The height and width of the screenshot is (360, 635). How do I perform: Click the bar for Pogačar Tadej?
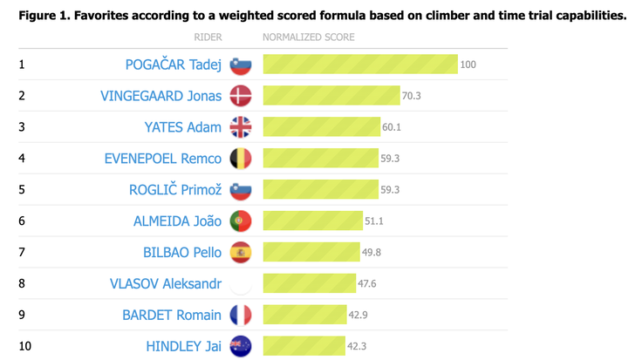click(360, 65)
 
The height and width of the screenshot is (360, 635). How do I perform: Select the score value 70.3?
click(411, 96)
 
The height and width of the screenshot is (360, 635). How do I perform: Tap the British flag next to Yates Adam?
click(240, 127)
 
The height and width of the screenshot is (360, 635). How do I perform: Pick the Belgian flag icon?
click(240, 159)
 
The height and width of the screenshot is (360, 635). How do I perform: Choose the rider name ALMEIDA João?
click(177, 221)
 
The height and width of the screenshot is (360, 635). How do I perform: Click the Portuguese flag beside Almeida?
click(240, 221)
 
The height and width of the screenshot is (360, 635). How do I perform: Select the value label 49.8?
click(373, 253)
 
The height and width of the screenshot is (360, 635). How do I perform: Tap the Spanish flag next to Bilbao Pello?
click(240, 253)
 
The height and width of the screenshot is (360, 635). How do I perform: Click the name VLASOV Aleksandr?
click(166, 284)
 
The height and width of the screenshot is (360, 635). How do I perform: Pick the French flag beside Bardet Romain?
click(240, 316)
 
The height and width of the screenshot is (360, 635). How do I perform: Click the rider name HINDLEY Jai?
click(183, 347)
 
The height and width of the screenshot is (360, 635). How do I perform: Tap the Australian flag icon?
click(240, 347)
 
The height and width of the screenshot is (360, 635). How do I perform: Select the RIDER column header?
click(208, 37)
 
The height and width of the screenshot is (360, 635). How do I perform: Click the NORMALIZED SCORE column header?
click(309, 37)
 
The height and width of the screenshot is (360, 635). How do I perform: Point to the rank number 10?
click(24, 347)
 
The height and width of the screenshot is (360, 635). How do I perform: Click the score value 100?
click(468, 65)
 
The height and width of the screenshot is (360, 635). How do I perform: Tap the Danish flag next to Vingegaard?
click(240, 96)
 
